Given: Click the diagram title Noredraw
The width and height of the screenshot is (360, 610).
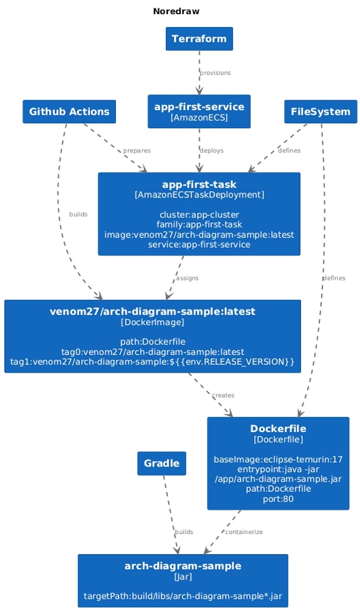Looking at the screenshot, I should pyautogui.click(x=176, y=11).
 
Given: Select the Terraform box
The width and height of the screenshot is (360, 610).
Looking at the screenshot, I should pyautogui.click(x=199, y=39).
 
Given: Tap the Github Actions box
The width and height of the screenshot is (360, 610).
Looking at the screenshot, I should pyautogui.click(x=69, y=111).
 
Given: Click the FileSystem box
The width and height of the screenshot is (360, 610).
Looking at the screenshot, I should pyautogui.click(x=321, y=111).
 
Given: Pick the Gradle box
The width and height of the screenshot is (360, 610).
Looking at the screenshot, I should pyautogui.click(x=161, y=463).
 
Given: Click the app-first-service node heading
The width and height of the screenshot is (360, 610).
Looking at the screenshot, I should pyautogui.click(x=199, y=107).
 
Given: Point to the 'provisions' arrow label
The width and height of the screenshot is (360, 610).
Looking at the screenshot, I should pyautogui.click(x=215, y=73).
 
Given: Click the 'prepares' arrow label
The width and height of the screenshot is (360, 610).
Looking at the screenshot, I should pyautogui.click(x=137, y=151).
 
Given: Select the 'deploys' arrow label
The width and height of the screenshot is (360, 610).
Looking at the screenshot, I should pyautogui.click(x=211, y=151).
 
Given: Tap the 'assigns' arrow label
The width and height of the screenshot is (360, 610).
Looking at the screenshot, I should pyautogui.click(x=187, y=279).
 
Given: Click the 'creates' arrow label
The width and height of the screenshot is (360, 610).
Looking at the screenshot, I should pyautogui.click(x=223, y=396).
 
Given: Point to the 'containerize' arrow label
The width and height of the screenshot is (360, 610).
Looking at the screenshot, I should pyautogui.click(x=244, y=532).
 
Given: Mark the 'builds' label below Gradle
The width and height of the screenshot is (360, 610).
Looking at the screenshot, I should pyautogui.click(x=184, y=532).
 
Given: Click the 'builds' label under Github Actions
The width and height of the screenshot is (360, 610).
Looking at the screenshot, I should pyautogui.click(x=78, y=214).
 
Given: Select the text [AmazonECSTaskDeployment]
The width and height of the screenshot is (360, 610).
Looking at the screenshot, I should pyautogui.click(x=199, y=195).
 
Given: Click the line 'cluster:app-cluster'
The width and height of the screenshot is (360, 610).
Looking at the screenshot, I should pyautogui.click(x=199, y=214).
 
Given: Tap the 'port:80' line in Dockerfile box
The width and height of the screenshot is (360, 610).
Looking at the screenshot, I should pyautogui.click(x=278, y=499).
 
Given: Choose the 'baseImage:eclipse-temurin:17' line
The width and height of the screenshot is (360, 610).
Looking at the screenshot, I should pyautogui.click(x=278, y=459).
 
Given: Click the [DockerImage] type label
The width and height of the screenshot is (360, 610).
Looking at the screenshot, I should pyautogui.click(x=152, y=322).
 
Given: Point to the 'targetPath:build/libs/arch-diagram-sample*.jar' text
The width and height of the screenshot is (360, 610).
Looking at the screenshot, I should pyautogui.click(x=183, y=596).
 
